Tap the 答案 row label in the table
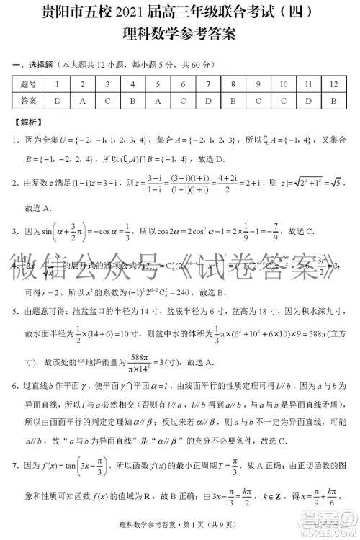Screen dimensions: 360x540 click(x=29, y=100)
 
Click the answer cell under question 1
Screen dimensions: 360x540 click(x=58, y=100)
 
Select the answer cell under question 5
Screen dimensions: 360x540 click(x=158, y=100)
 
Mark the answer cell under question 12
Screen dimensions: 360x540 click(x=333, y=100)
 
